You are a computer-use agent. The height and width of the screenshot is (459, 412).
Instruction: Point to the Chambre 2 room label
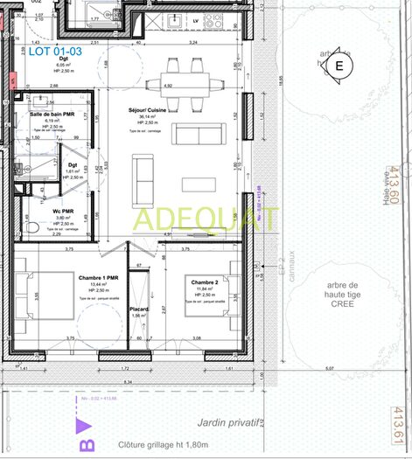[204, 282]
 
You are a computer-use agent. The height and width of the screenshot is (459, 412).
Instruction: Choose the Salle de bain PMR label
[52, 115]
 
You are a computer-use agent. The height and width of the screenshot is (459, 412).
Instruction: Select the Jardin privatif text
[226, 424]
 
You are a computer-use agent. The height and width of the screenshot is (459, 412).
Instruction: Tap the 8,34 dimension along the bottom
[128, 382]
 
